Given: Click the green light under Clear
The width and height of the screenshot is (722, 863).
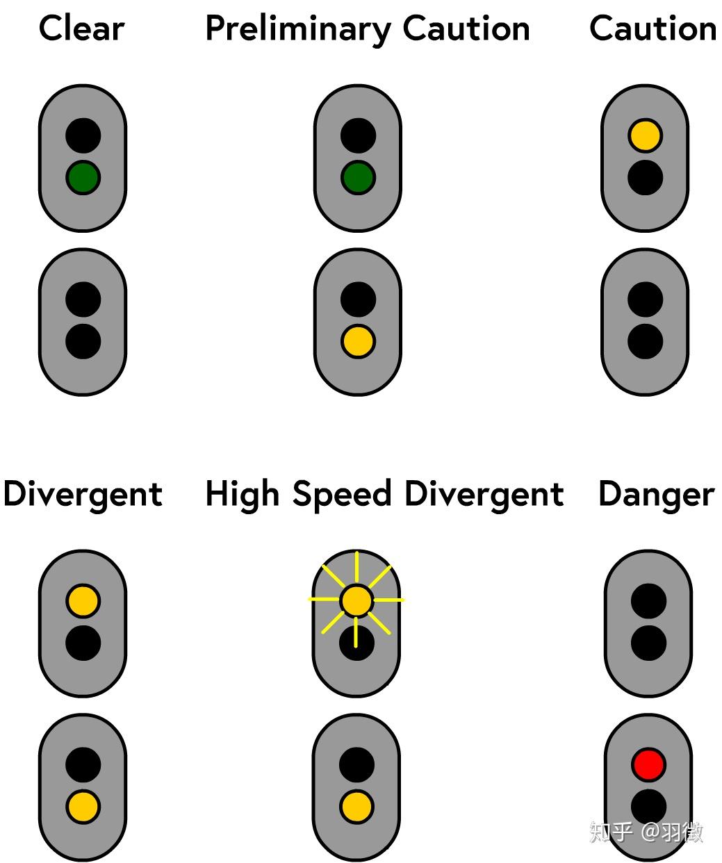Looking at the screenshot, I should point(83,178).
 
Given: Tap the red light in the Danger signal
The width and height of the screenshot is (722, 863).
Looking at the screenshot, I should point(648,765).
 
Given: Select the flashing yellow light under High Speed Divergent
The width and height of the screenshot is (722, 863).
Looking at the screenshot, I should point(357,600).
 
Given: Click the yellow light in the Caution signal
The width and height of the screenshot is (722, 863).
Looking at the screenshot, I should point(645,136).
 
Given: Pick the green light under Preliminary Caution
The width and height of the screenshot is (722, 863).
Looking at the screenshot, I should point(358,178).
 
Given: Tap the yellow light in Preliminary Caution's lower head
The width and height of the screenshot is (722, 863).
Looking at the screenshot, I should point(358,342).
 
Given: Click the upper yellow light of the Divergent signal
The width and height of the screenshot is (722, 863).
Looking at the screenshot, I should point(83,601).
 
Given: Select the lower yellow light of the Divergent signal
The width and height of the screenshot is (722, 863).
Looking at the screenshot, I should point(83,807).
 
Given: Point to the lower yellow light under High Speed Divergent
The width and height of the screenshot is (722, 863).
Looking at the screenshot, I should point(357,807).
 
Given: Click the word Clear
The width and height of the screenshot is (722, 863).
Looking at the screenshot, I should point(82,29).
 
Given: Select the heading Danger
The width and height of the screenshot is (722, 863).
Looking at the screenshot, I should point(656,495).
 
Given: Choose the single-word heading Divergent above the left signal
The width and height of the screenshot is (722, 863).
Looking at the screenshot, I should point(83,495).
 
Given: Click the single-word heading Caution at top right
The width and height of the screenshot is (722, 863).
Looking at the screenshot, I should point(653,29).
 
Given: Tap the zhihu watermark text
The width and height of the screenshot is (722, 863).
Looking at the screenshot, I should point(646,832).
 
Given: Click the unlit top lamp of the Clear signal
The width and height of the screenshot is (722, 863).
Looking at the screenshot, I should point(83,136).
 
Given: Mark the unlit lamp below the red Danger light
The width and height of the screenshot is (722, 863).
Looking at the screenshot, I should point(648,807).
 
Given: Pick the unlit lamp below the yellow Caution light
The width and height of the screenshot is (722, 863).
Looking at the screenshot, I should point(645,178).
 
